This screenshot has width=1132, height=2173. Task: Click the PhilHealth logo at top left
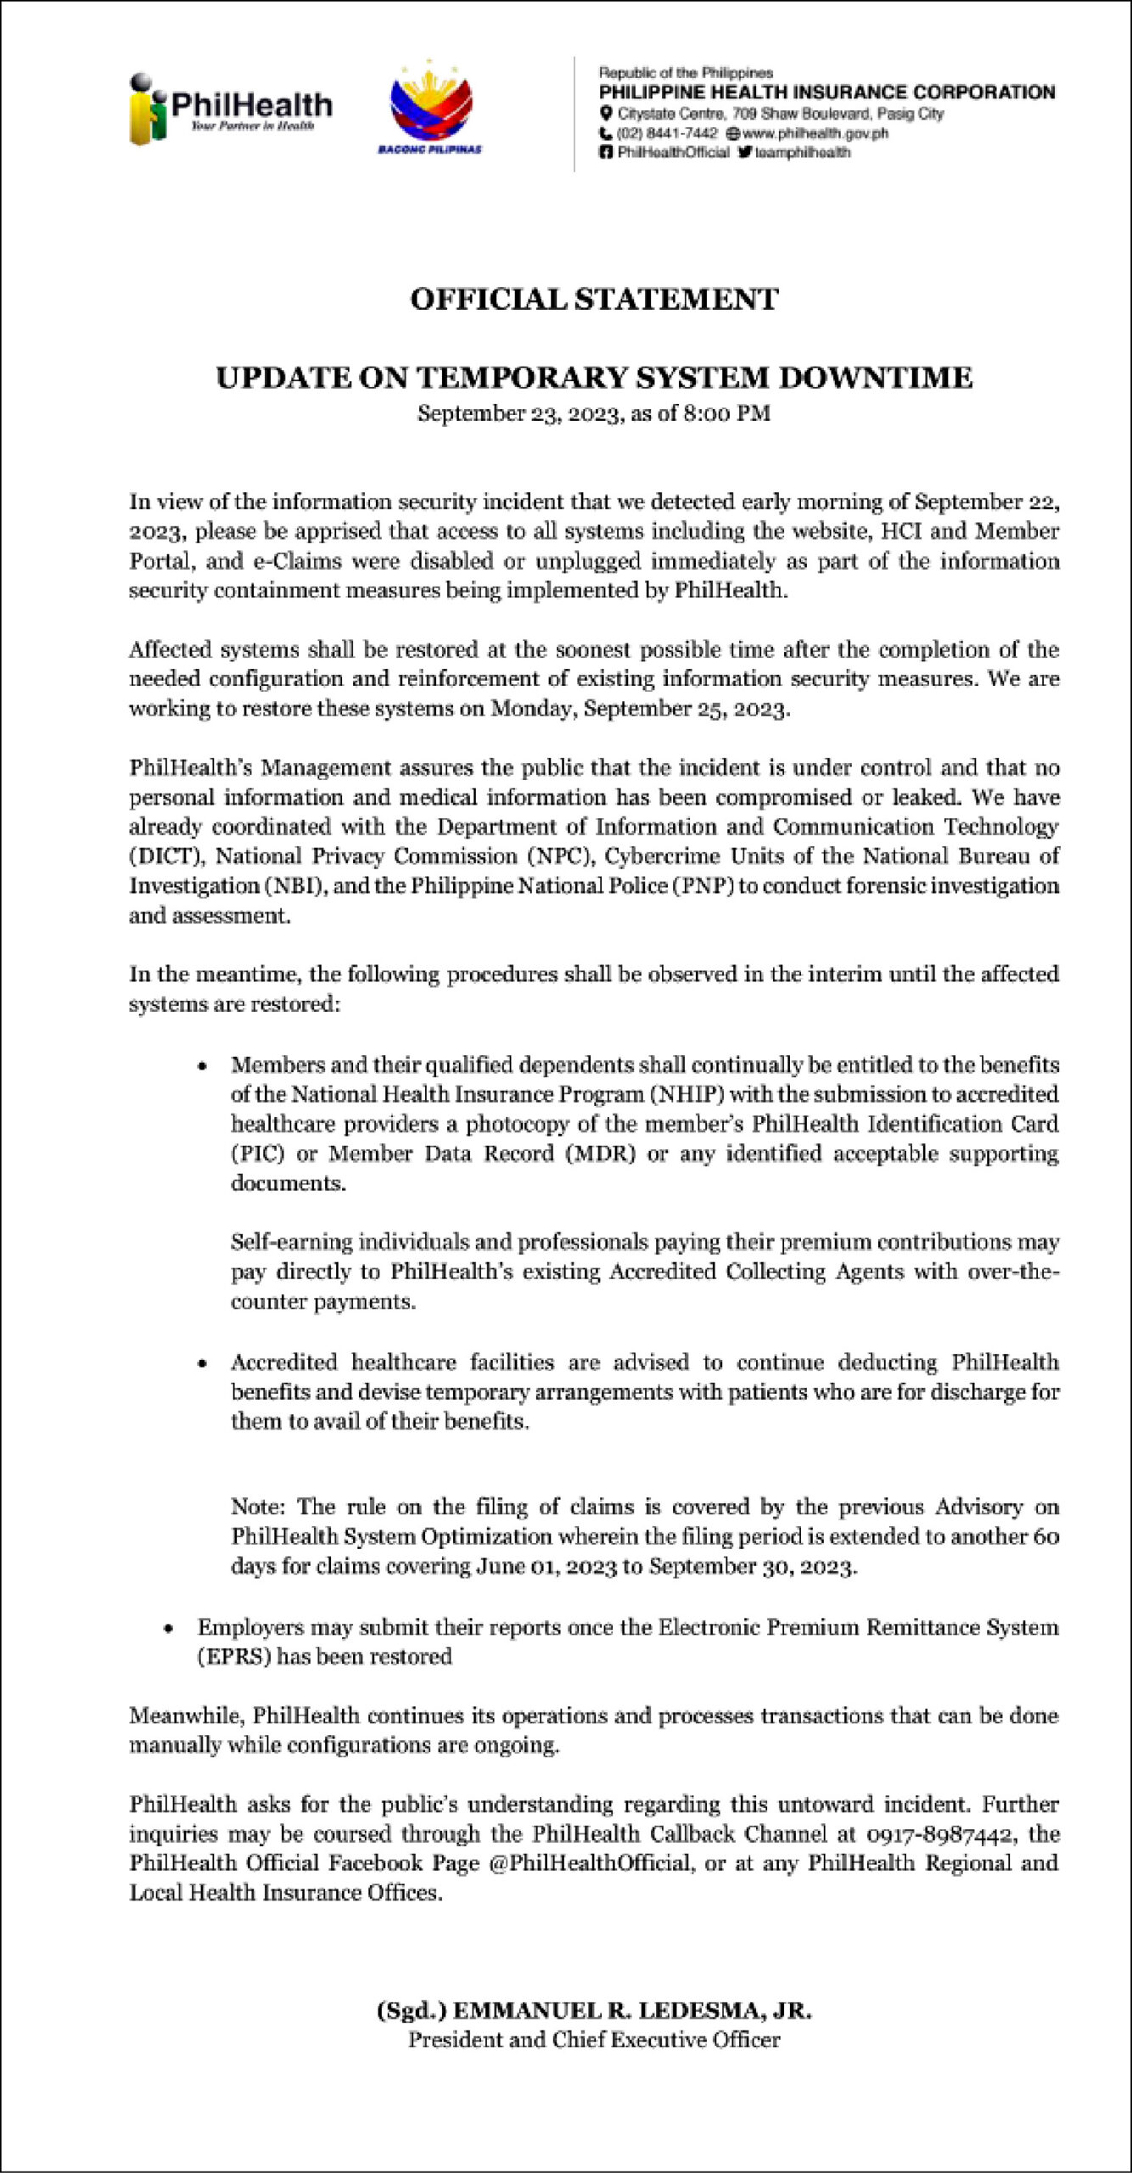[230, 109]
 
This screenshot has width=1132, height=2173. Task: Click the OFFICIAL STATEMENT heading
[594, 300]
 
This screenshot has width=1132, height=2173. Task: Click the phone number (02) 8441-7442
[668, 133]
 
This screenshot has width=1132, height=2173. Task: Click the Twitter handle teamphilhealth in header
[802, 153]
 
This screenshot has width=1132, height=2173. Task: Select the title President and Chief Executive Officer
[594, 2040]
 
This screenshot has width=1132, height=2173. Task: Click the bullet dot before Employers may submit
[169, 1629]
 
